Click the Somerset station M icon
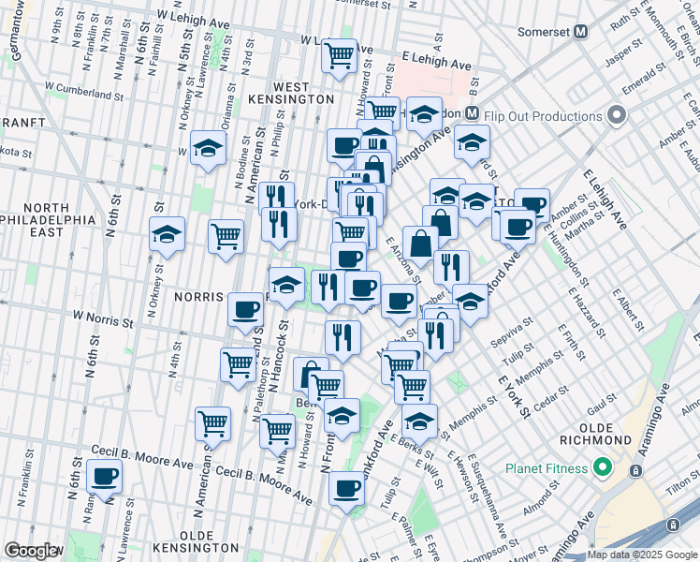(x=581, y=31)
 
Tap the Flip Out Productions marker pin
(x=616, y=116)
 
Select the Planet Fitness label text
(x=546, y=468)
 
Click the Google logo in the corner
(x=31, y=551)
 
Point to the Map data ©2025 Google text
(x=642, y=555)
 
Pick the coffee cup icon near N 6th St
(x=104, y=476)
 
